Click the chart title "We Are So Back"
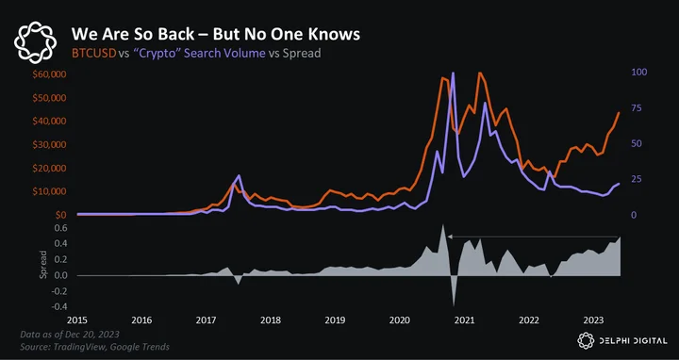tap(133, 34)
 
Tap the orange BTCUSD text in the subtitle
tap(94, 53)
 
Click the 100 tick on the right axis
tap(639, 72)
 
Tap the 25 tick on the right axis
tap(637, 179)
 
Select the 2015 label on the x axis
tap(76, 320)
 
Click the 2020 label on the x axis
tap(399, 320)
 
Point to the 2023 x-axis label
tap(593, 320)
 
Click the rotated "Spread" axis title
tap(42, 264)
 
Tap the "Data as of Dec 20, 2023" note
tap(70, 335)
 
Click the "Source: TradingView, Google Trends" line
tap(95, 347)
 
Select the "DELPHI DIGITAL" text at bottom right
tap(634, 341)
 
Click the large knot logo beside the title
tap(35, 42)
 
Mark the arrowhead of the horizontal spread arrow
tap(450, 237)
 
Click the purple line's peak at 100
tap(453, 73)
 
